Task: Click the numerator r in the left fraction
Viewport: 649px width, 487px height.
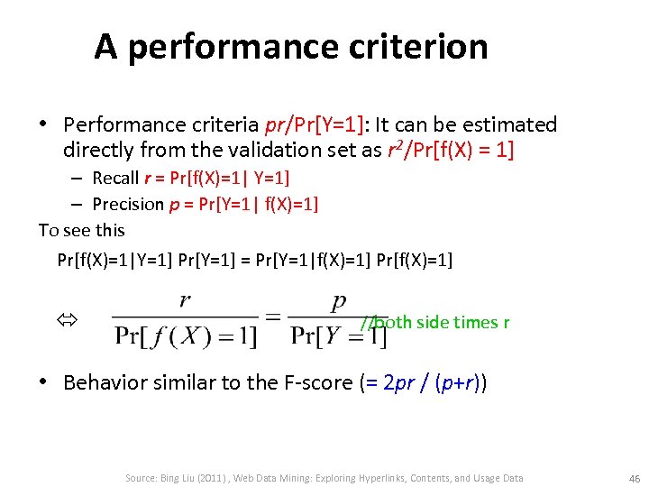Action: [185, 301]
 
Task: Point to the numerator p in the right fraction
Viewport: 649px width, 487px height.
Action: [339, 301]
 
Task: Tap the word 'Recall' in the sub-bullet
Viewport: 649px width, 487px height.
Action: [116, 178]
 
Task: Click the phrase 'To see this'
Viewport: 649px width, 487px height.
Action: [81, 230]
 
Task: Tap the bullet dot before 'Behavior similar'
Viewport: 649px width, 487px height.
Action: [43, 382]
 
